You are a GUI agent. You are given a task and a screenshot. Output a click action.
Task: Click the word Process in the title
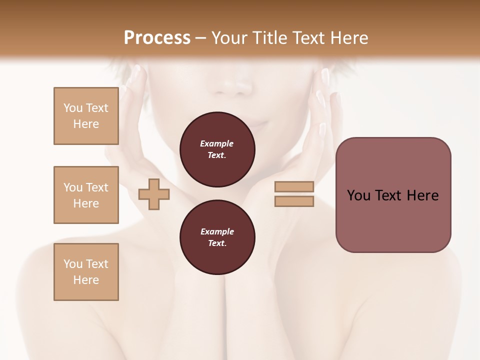click(157, 38)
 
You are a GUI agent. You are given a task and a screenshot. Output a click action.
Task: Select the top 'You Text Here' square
click(86, 116)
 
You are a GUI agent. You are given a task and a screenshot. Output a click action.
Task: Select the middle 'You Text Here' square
click(86, 195)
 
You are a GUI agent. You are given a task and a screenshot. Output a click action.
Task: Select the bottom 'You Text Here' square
click(86, 272)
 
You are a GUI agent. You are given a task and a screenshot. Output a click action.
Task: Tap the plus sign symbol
click(154, 194)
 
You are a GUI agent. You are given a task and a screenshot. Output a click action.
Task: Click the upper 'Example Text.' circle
click(217, 149)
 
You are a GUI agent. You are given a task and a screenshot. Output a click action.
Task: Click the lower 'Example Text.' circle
click(217, 237)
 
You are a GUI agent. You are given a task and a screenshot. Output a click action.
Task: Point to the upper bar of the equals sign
click(294, 187)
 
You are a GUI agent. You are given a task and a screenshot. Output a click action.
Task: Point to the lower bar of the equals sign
click(294, 201)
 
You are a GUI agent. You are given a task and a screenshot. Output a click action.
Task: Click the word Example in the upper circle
click(217, 143)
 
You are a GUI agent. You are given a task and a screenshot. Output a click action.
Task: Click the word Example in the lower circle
click(217, 231)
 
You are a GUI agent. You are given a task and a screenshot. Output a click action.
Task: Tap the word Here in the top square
click(86, 124)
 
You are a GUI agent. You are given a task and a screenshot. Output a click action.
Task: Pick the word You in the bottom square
click(72, 264)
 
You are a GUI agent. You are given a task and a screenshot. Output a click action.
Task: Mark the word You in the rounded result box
click(358, 195)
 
